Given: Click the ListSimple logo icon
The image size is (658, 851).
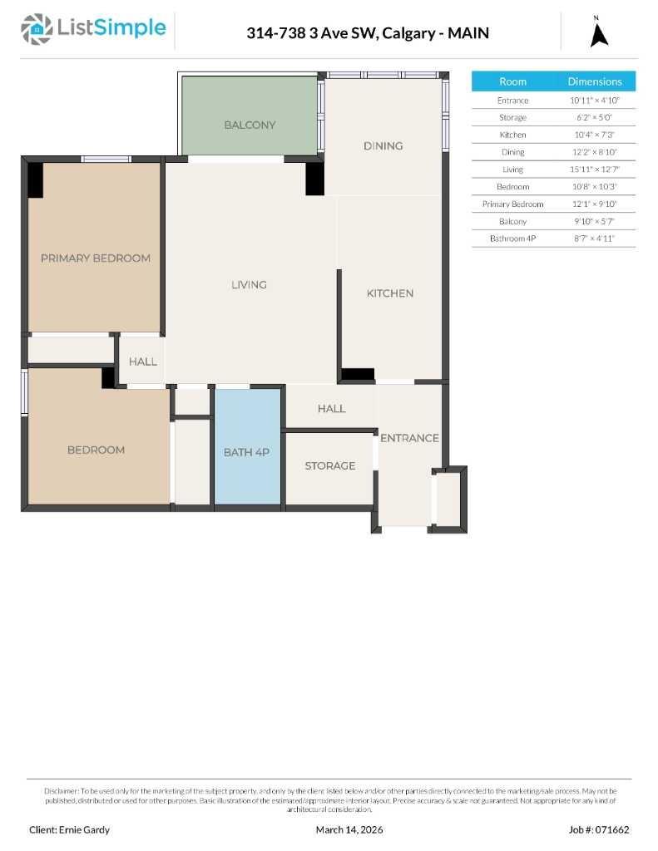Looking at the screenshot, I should [36, 29].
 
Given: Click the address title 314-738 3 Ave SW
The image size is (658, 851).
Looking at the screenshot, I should [367, 33].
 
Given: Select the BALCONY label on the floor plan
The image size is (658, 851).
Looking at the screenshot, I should [250, 125].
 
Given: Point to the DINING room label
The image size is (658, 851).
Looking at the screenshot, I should [383, 145].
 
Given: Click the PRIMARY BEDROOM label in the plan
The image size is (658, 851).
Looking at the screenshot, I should [96, 258].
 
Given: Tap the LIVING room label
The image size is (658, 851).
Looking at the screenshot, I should [249, 285].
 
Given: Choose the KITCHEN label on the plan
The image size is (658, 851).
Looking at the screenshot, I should [390, 293].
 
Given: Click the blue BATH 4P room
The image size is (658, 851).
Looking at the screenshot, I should [247, 452].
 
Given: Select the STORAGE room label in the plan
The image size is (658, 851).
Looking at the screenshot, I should [329, 465].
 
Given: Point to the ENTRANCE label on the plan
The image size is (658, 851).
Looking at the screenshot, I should [409, 438].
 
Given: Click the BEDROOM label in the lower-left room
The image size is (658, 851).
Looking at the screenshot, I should [96, 450].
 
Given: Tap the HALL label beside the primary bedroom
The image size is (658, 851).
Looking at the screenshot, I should [142, 362].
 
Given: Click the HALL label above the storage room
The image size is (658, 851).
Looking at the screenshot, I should [331, 409].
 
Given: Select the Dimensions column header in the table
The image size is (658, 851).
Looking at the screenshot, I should [594, 81].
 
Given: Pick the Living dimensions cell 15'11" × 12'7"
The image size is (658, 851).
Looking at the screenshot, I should [594, 170].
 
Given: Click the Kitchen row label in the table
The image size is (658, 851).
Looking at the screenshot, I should [512, 135].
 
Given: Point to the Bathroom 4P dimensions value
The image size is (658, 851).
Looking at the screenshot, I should [594, 239].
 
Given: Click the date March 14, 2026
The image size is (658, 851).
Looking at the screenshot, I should [349, 829].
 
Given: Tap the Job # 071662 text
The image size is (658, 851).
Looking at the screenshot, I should [599, 829].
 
